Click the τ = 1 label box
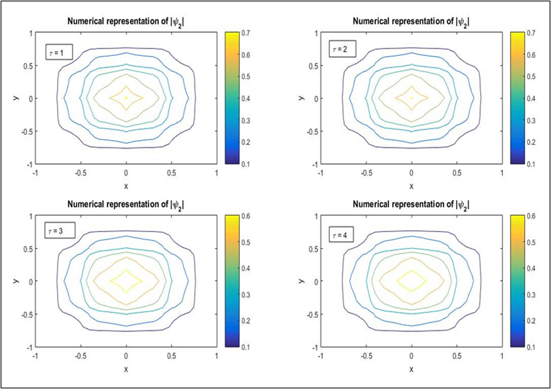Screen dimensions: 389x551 pos(59,52)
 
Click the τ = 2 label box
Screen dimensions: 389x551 pos(342,49)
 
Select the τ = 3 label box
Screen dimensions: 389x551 pos(60,230)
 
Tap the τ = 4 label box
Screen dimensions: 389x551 pos(341,234)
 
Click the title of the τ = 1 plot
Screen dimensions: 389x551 pos(126,21)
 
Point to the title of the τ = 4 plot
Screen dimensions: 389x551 pos(411,204)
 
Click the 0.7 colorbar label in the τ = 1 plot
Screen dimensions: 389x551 pos(246,33)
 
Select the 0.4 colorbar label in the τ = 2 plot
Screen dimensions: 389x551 pos(531,98)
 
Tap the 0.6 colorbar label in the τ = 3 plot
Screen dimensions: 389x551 pos(246,216)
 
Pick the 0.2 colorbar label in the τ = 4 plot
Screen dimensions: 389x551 pos(531,320)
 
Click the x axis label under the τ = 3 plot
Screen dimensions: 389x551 pos(126,369)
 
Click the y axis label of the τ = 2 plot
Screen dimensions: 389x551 pos(301,98)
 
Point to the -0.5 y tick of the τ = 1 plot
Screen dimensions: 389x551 pos(27,132)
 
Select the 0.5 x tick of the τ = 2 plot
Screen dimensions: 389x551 pos(457,173)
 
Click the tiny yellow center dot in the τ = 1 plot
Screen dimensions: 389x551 pos(126,98)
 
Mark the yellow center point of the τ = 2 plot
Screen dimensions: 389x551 pos(412,98)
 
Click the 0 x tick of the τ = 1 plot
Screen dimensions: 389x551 pos(126,173)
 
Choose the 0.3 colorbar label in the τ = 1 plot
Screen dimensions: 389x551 pos(246,120)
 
